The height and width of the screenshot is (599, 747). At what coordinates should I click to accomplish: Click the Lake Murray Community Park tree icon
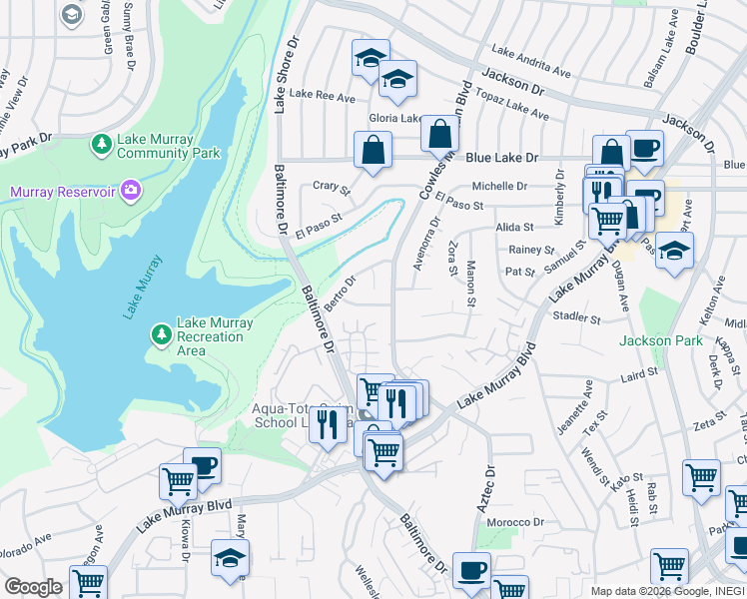pos(102,146)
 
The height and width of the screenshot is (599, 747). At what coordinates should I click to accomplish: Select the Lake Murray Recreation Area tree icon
pos(161,330)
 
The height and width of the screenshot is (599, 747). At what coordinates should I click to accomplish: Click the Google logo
pos(33,587)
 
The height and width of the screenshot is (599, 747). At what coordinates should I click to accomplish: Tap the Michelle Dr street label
pos(499,186)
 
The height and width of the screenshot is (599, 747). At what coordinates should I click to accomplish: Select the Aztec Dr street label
pos(487,489)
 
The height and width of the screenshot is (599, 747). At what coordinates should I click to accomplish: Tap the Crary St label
pos(332,187)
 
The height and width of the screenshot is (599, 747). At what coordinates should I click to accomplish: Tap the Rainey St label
pos(530,250)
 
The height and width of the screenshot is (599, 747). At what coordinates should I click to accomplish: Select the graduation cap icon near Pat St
pos(675,253)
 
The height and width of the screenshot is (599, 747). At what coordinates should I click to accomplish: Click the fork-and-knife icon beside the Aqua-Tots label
pos(327,425)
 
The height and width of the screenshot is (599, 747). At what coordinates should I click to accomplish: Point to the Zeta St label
pos(708,424)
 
